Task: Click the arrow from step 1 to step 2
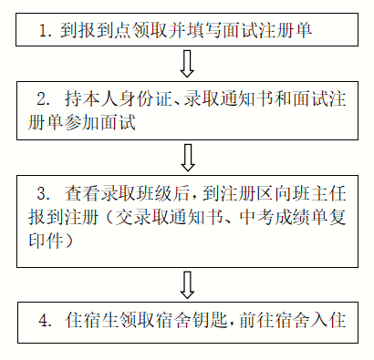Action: click(188, 65)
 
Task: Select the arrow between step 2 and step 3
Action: click(188, 156)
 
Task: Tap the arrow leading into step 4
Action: click(188, 283)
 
